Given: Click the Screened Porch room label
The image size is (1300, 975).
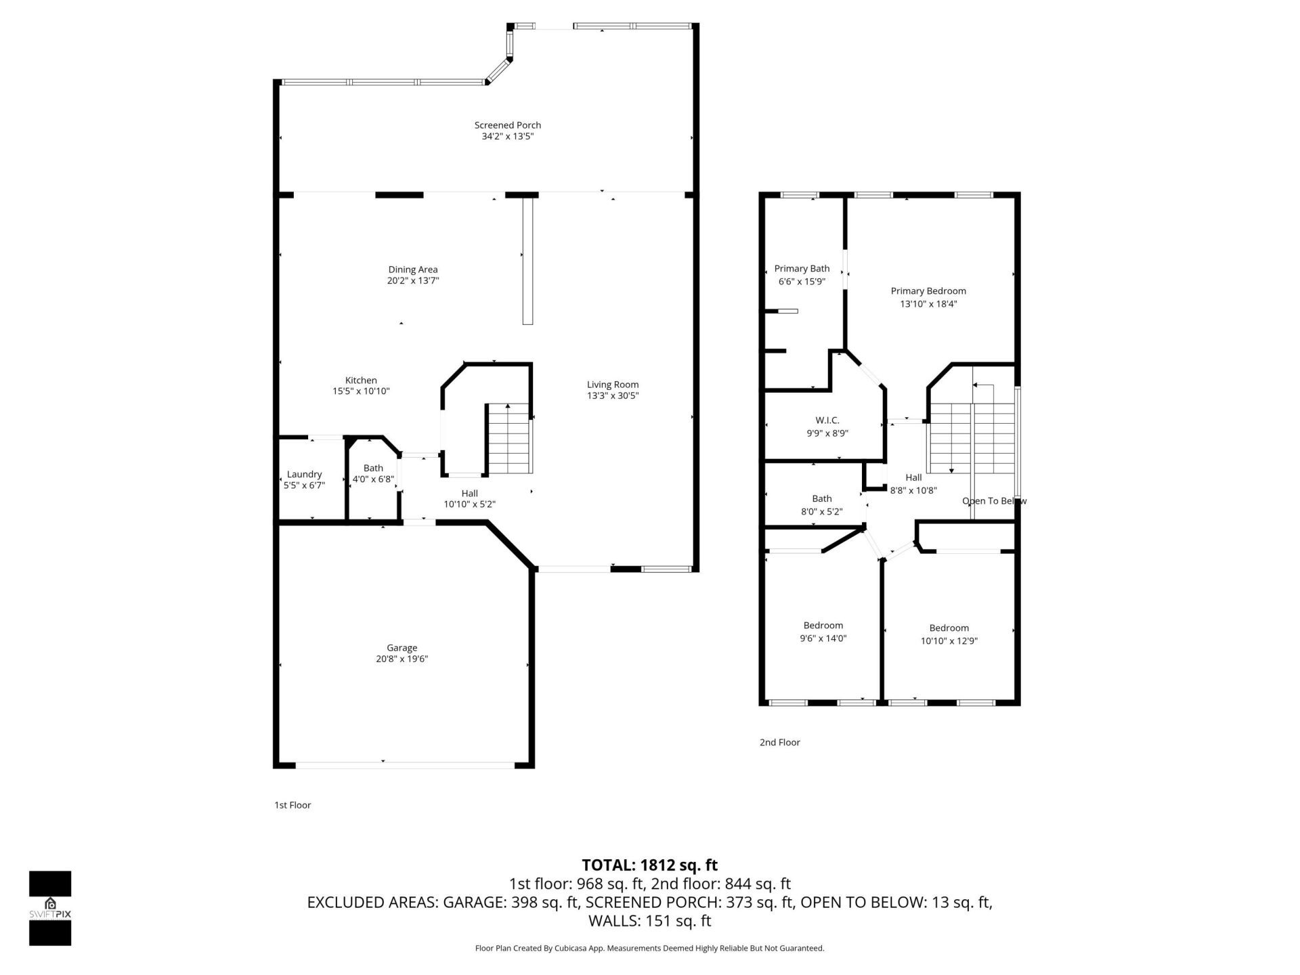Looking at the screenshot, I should (x=507, y=125).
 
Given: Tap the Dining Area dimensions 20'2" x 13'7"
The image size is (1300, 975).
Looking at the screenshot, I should (x=413, y=281).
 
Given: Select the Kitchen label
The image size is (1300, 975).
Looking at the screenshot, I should (x=361, y=381).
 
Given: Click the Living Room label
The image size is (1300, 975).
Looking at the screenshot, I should (x=612, y=385).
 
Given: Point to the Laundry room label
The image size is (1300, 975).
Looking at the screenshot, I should (x=304, y=475).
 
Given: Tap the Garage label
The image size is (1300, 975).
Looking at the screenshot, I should (x=402, y=648).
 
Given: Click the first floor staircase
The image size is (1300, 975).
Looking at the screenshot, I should (x=509, y=438).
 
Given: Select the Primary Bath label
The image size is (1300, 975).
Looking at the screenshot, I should (x=802, y=269).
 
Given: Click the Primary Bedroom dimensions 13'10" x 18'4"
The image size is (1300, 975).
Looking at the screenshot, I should (x=928, y=304).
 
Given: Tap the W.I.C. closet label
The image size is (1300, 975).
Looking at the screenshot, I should (x=827, y=420).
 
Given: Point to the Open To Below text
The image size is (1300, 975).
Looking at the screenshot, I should (x=994, y=501).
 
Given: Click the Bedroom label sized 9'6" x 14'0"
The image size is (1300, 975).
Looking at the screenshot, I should (x=823, y=626).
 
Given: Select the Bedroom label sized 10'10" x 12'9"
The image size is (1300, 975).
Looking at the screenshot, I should (x=949, y=628).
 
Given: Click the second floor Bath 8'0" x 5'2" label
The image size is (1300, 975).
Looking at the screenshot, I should (x=821, y=499).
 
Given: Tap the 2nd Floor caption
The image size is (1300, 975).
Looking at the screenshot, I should (x=779, y=742).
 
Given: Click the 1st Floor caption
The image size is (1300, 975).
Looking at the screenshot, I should (x=292, y=805).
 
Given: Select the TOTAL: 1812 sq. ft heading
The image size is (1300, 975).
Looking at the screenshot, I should (x=649, y=865).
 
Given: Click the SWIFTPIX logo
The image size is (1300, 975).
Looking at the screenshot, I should (x=50, y=908).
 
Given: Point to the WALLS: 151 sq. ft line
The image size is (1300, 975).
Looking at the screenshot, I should (x=649, y=921).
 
